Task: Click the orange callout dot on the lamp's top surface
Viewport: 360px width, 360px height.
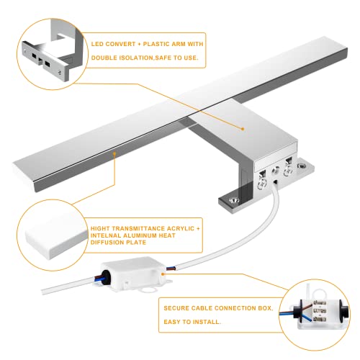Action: click(243, 130)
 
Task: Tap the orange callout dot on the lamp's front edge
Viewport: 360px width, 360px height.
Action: click(114, 153)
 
